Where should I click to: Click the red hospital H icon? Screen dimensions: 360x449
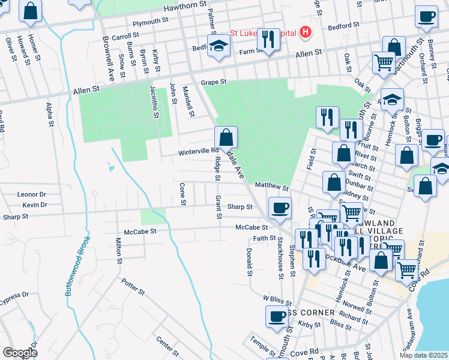coord(306,32)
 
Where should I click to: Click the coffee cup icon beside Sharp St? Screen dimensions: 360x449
coord(280,208)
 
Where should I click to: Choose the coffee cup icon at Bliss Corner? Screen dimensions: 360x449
coord(277,316)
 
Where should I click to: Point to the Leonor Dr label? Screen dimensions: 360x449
coord(32,194)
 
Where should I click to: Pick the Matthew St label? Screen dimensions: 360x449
coord(272,188)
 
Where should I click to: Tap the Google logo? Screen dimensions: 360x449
coord(19,352)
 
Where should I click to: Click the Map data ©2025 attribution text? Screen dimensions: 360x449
coord(423,355)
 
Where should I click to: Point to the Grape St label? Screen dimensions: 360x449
coord(214,82)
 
